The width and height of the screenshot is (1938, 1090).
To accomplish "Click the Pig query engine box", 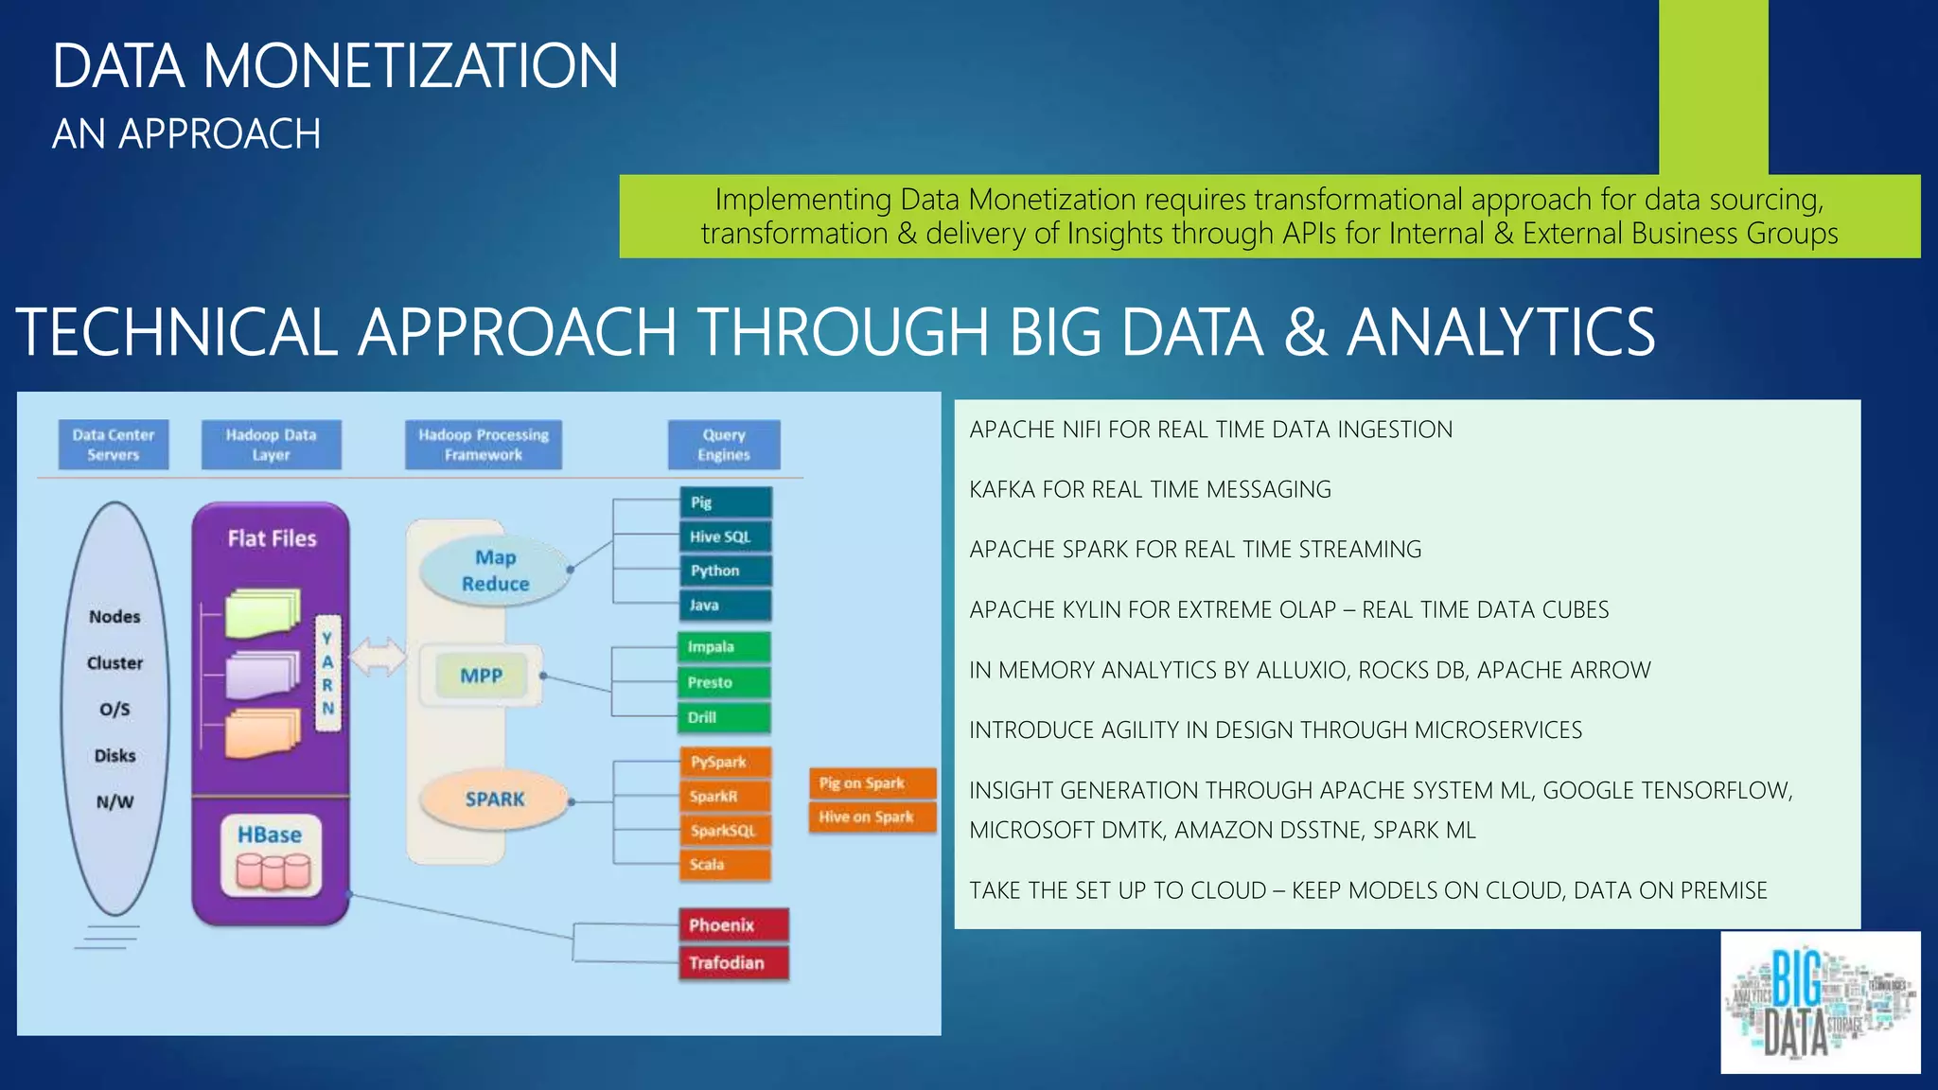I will [726, 502].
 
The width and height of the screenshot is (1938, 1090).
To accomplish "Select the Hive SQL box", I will [726, 536].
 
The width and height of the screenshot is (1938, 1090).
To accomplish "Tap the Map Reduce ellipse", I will [495, 571].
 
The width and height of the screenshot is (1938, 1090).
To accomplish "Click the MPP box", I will [482, 676].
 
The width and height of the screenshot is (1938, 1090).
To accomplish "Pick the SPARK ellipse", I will [495, 799].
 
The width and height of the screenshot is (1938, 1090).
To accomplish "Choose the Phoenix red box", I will [733, 924].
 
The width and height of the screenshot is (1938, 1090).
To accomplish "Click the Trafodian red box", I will [733, 962].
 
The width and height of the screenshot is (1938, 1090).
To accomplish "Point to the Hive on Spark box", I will [872, 817].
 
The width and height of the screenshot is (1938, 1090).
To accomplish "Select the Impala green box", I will [724, 647].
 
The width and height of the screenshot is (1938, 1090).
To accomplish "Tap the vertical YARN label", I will [327, 673].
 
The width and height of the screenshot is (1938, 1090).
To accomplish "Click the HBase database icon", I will [273, 870].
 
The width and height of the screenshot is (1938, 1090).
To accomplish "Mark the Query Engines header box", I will [724, 445].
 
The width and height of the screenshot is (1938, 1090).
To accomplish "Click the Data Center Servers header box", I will [114, 445].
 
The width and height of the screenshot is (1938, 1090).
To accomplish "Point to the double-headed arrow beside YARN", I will [379, 657].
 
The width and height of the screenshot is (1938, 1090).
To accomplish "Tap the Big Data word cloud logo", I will [1820, 1003].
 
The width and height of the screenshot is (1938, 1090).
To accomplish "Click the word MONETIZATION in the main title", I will [410, 66].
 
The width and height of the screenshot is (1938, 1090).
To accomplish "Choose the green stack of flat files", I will [262, 613].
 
